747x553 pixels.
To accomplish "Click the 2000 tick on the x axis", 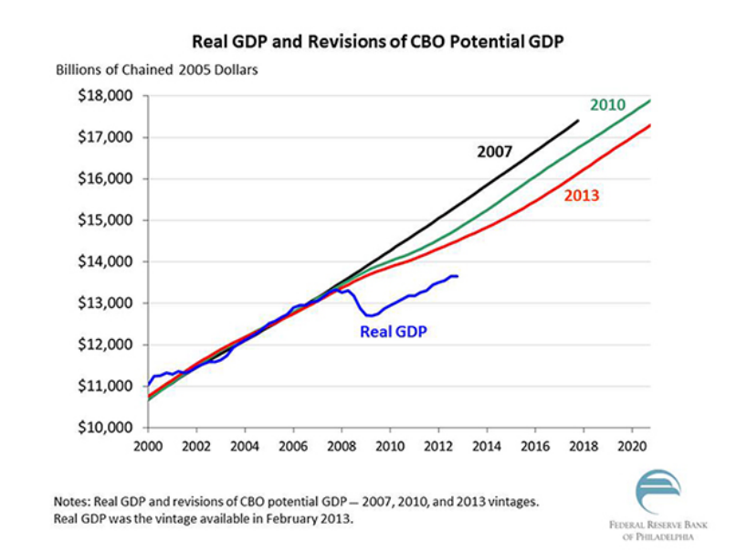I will click(148, 448).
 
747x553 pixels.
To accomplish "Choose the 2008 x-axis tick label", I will click(342, 448).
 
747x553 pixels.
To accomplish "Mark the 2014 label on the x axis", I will click(487, 448).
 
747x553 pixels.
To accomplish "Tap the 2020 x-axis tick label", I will click(632, 448).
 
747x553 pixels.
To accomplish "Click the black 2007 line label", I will click(495, 152).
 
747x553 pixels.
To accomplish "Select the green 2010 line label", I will click(607, 105).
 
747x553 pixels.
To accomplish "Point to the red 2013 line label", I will click(581, 195).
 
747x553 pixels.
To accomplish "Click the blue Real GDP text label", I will click(394, 332).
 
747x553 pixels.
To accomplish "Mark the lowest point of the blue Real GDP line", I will click(370, 316).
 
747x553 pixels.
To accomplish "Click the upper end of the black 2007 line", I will click(577, 121).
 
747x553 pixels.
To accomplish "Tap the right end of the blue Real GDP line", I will click(458, 276).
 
